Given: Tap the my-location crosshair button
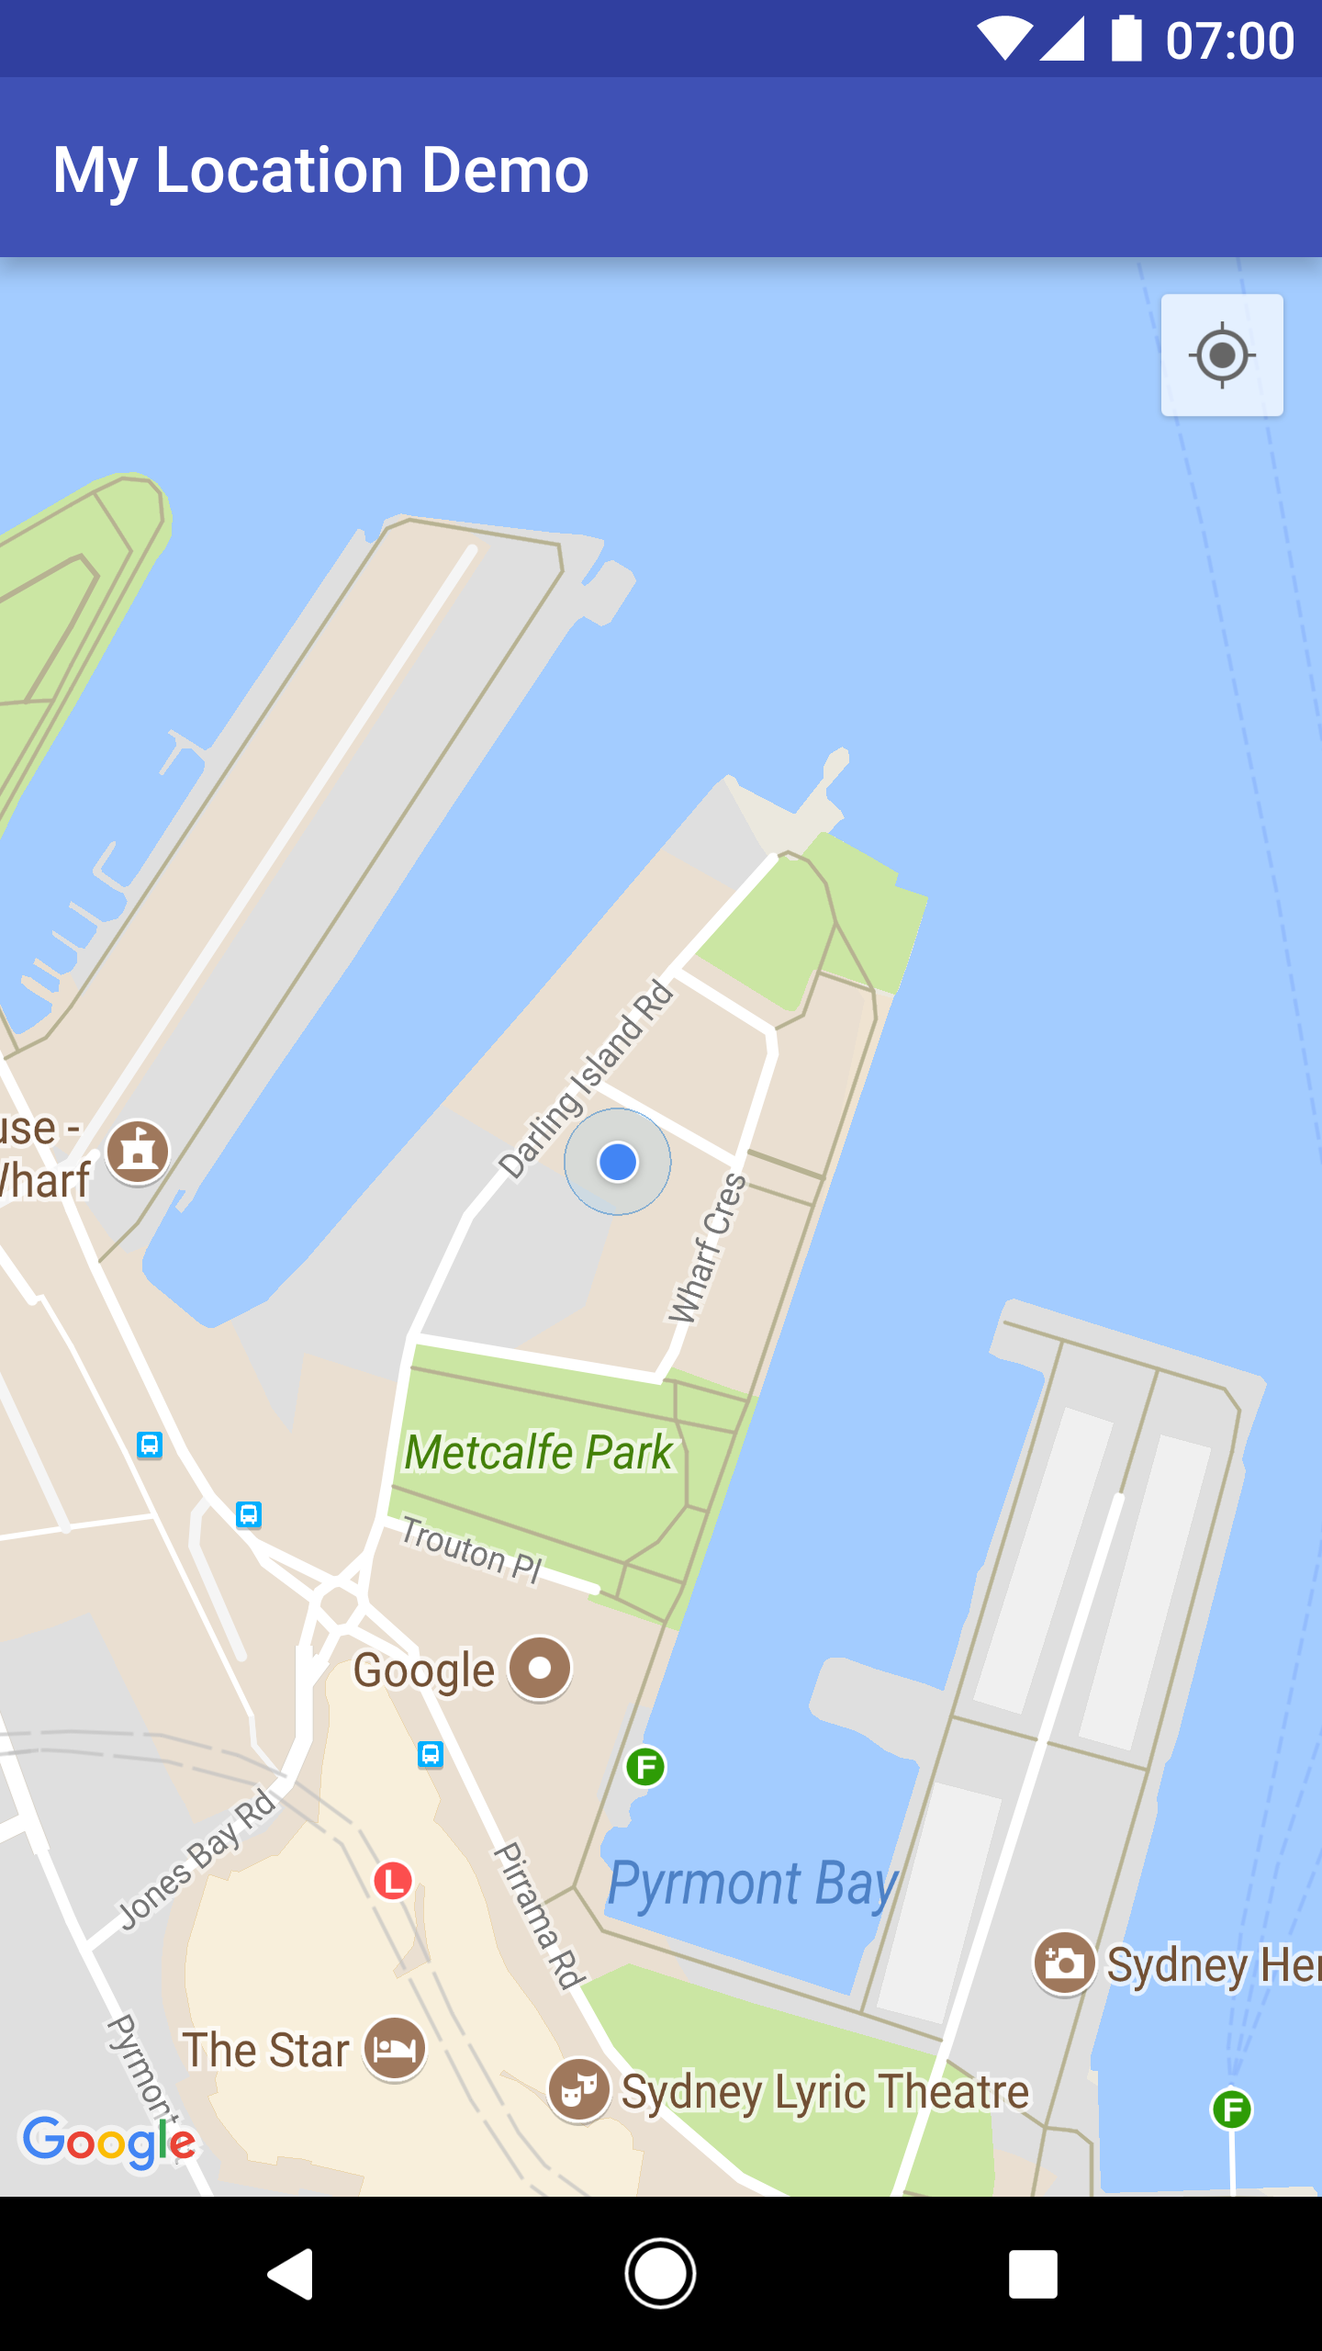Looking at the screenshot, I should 1222,355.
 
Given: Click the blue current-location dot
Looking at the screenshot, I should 618,1162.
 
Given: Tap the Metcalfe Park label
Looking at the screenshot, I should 540,1453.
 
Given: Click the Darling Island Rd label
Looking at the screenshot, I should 587,1079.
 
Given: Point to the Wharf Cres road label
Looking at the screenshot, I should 707,1249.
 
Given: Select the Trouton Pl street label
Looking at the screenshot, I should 472,1549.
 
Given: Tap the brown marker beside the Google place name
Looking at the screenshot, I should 540,1668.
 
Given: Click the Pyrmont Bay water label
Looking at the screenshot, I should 753,1884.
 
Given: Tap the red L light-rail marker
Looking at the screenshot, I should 393,1880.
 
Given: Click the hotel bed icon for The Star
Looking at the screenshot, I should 395,2048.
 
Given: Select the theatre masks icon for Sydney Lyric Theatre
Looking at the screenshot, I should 578,2089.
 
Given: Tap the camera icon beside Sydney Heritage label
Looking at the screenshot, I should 1064,1963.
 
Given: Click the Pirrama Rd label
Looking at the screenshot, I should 539,1914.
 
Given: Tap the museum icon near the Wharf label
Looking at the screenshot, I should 138,1152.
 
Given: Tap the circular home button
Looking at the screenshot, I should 660,2273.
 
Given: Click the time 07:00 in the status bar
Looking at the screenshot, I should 1229,40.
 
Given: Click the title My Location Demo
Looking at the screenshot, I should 320,170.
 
